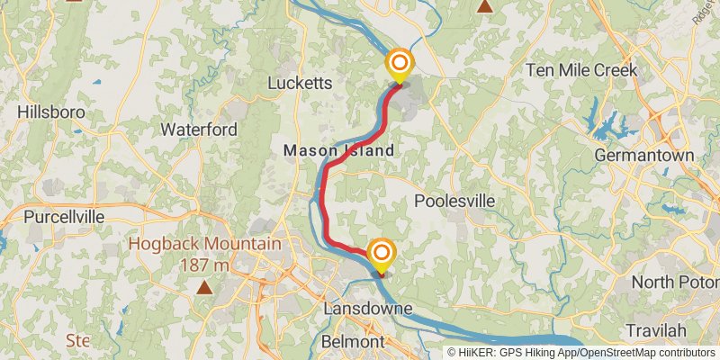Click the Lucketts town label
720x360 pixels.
[x=301, y=84]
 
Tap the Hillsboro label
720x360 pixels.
[x=50, y=112]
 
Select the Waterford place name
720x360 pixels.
[x=199, y=130]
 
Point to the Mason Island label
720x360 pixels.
[x=339, y=151]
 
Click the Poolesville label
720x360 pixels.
[x=454, y=201]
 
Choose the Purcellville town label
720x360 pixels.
[x=64, y=217]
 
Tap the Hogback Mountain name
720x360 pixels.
[x=203, y=244]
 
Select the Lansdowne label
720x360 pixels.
[x=368, y=310]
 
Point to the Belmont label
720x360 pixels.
[x=353, y=343]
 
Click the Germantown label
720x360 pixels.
[x=644, y=156]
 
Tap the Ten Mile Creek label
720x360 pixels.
[x=581, y=70]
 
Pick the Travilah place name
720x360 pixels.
[x=650, y=330]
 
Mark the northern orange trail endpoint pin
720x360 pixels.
[x=400, y=65]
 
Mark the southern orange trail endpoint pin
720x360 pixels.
[x=382, y=254]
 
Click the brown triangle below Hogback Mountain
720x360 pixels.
[x=205, y=288]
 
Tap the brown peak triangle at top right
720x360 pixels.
[x=485, y=7]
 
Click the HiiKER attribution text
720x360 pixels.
[x=581, y=352]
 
